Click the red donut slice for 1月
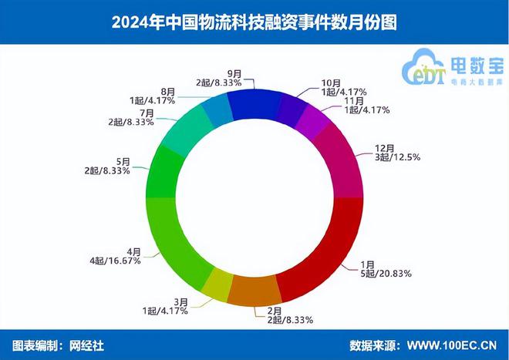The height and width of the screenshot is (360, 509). pos(328,258)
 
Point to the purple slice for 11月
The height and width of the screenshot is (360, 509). pos(313,120)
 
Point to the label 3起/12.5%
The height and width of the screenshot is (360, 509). pos(388,158)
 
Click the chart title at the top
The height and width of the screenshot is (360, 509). pos(254,22)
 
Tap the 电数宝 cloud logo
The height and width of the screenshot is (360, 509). pos(432,66)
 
